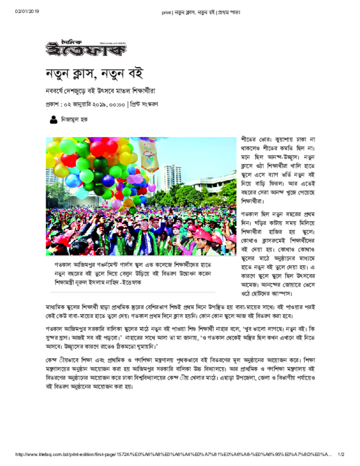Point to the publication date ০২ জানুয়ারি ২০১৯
point(94,104)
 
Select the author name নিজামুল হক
point(75,120)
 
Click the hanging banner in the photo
point(149,155)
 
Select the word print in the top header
point(166,12)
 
